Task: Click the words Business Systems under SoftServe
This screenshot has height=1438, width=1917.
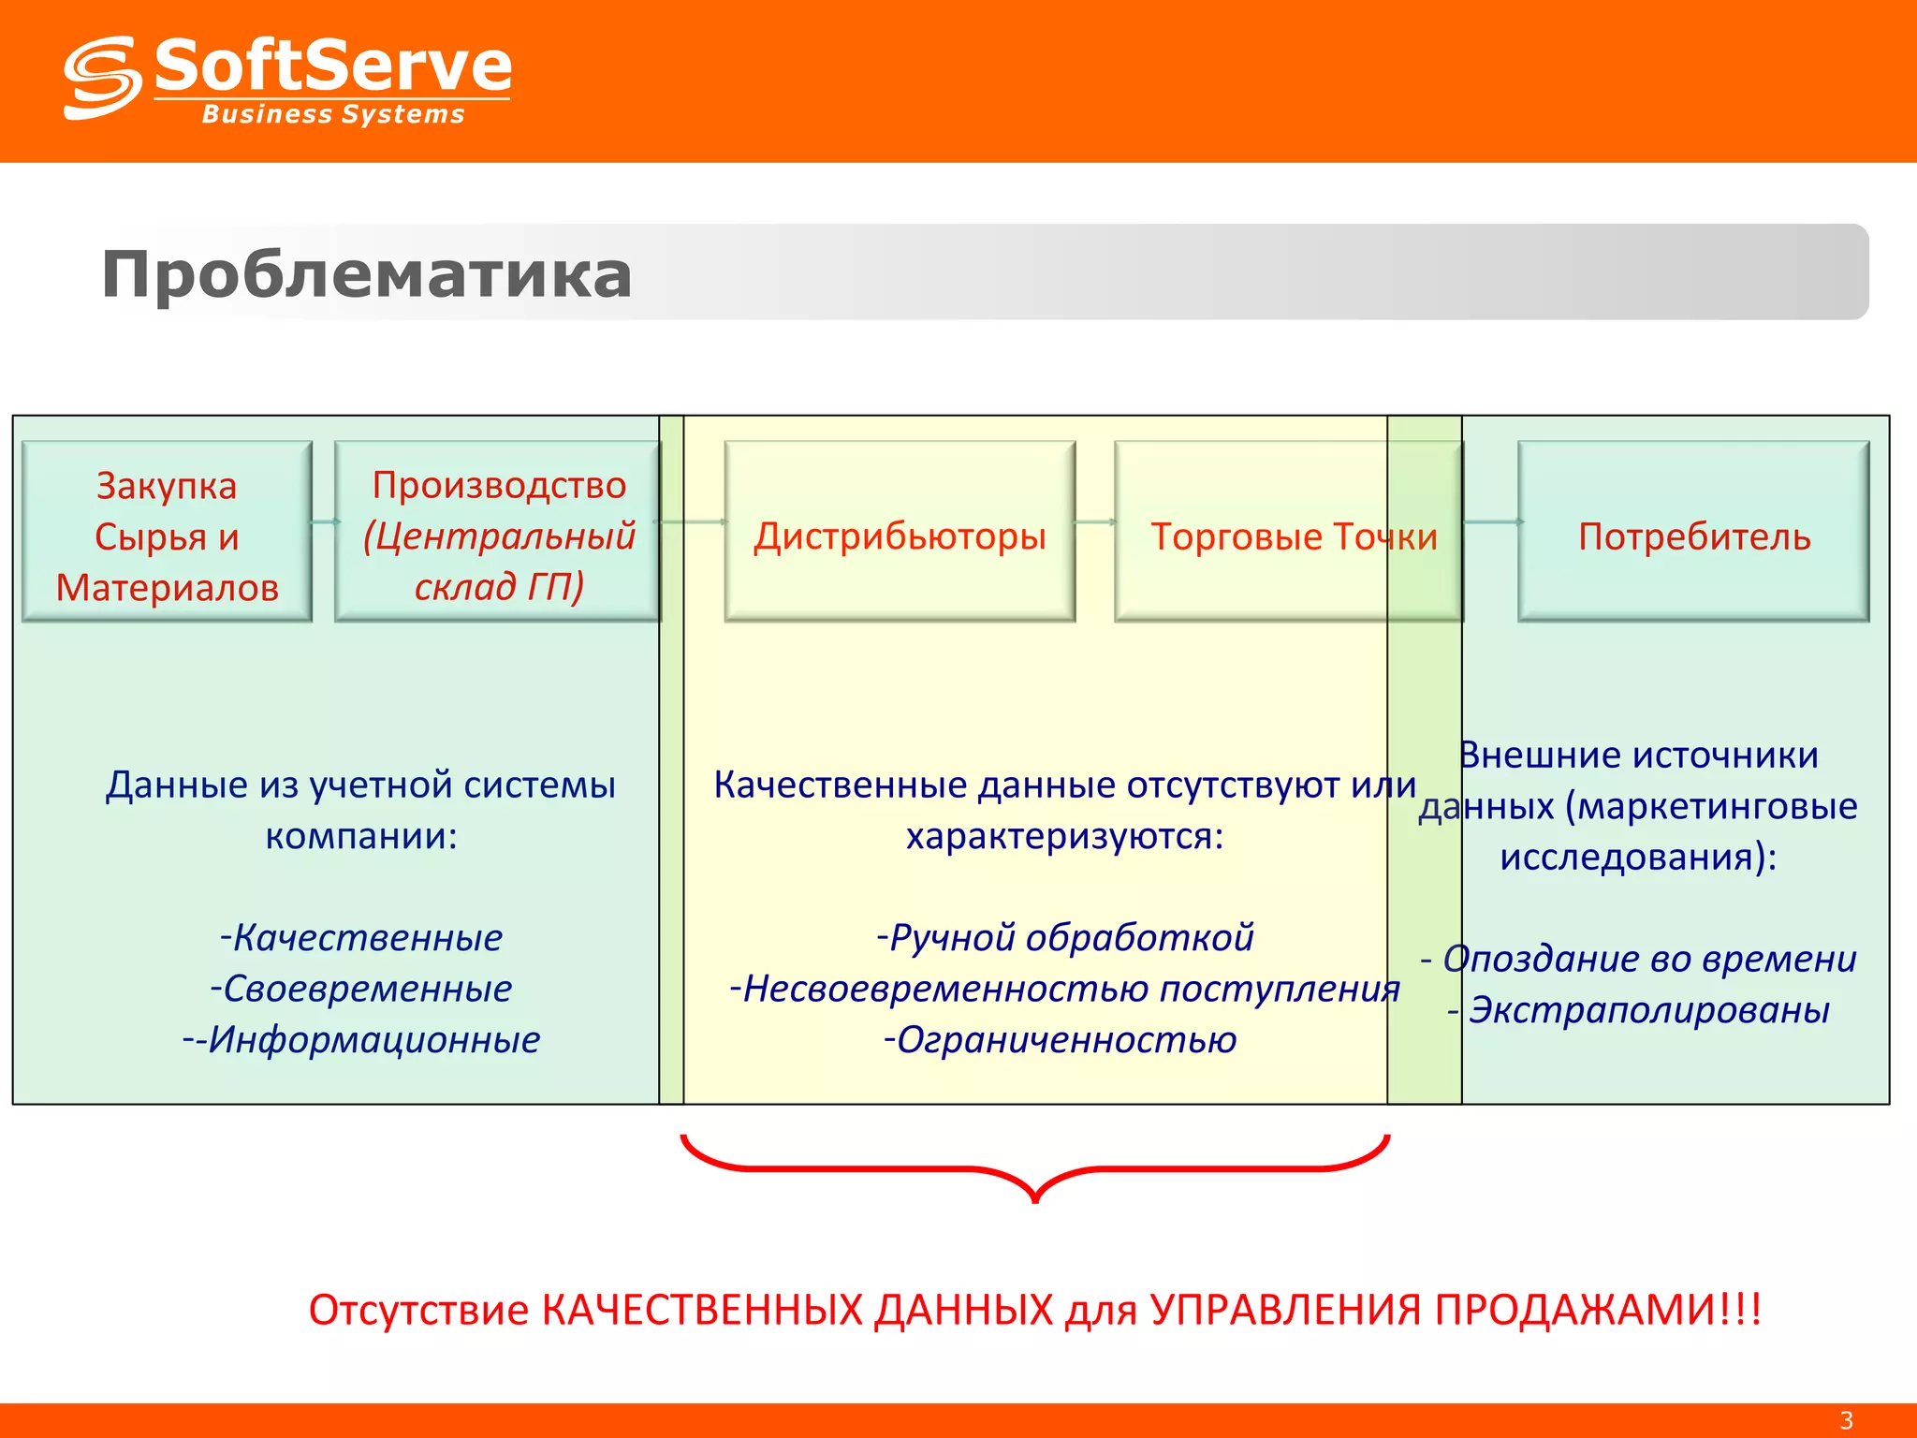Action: [x=332, y=114]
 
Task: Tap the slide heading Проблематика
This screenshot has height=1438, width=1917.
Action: [x=366, y=274]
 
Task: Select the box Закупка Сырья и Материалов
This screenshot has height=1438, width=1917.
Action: [x=167, y=532]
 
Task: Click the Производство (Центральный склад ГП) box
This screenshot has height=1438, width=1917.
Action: [x=498, y=532]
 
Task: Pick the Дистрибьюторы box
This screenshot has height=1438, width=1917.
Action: [x=900, y=532]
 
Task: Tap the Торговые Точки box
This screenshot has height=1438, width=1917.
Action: [x=1288, y=532]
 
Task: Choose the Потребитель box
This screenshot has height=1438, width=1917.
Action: [x=1693, y=532]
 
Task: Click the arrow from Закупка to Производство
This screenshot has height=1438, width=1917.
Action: [x=324, y=521]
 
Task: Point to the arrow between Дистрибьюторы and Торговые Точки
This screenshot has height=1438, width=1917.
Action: [x=1095, y=521]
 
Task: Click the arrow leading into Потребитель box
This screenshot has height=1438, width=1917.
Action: [x=1492, y=521]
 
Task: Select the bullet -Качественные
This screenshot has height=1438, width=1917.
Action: [x=361, y=937]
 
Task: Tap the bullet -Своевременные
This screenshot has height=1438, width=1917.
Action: [x=361, y=989]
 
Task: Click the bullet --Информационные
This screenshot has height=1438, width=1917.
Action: [x=361, y=1040]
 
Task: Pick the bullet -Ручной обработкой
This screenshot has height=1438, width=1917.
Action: [x=1065, y=937]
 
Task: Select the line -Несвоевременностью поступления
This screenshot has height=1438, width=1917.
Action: [x=1065, y=989]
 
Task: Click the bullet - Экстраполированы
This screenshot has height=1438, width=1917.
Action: [x=1638, y=1010]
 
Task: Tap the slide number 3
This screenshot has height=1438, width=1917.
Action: [x=1846, y=1420]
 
